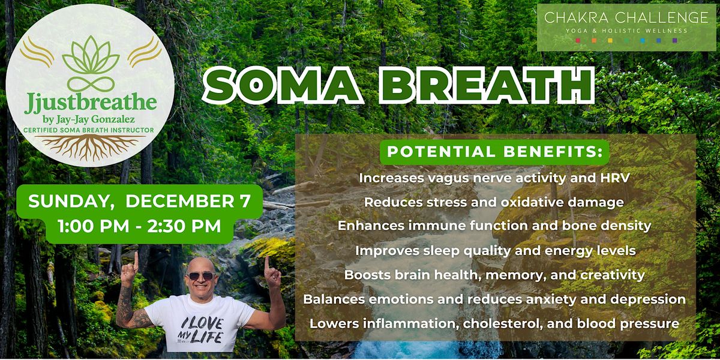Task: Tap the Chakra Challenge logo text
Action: click(x=626, y=17)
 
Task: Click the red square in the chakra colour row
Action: click(x=578, y=41)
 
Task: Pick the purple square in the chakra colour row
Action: click(x=675, y=41)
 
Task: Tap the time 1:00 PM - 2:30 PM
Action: click(x=139, y=227)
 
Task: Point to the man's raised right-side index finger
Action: click(x=267, y=264)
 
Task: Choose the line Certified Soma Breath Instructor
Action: click(x=90, y=130)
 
